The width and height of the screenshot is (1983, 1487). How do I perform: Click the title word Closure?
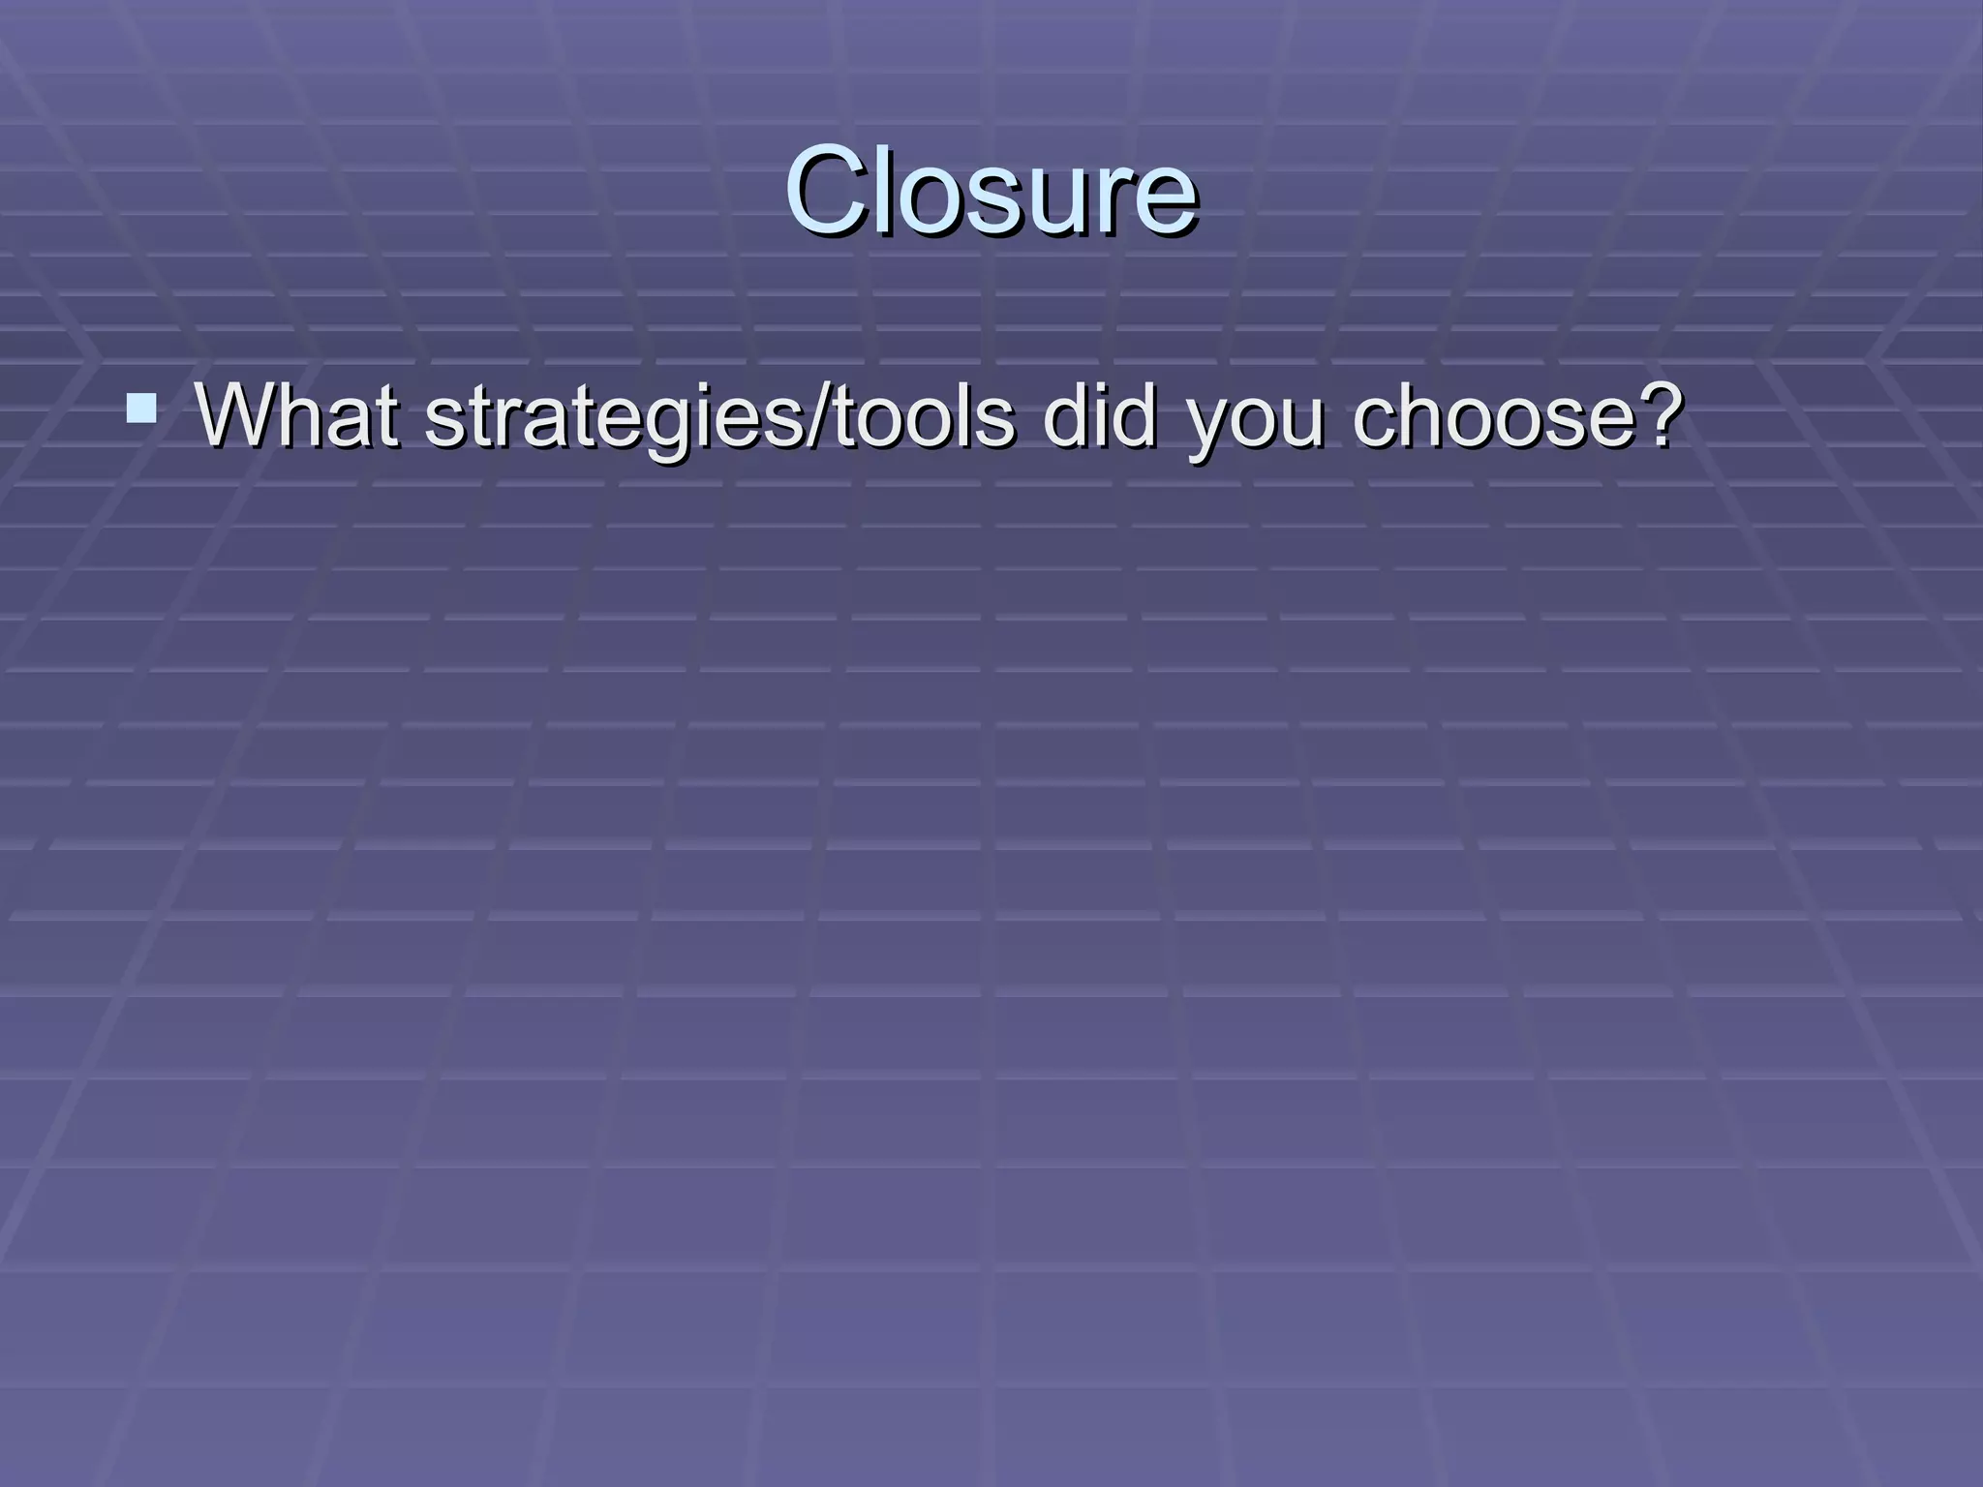tap(991, 192)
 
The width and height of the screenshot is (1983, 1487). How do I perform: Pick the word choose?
tap(1497, 418)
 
